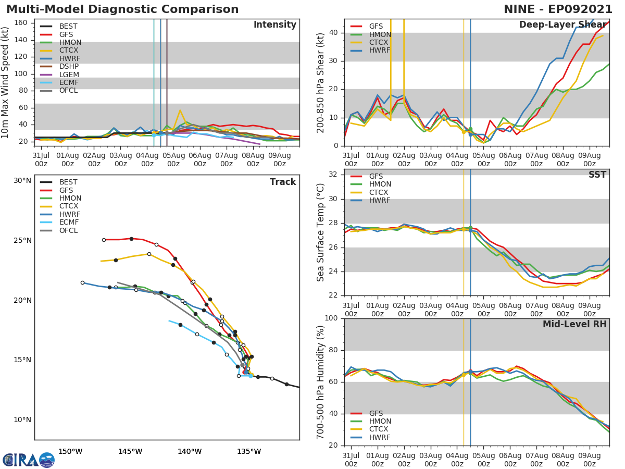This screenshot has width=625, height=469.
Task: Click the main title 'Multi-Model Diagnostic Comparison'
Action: (122, 9)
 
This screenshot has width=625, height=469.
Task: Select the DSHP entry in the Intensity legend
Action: (68, 66)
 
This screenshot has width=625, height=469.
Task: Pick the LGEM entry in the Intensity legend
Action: (68, 75)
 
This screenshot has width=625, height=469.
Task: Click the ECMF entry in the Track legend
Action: (68, 223)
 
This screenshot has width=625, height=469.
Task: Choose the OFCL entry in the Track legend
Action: (68, 230)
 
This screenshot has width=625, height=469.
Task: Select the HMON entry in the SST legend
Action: (380, 184)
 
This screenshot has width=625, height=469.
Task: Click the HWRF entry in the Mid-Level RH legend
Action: (379, 438)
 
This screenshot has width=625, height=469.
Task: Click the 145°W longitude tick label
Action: (130, 451)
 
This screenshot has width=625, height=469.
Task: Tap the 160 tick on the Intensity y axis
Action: (21, 23)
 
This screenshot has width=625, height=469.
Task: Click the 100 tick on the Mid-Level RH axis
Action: (331, 318)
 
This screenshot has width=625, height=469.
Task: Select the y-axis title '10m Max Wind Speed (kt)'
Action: (6, 82)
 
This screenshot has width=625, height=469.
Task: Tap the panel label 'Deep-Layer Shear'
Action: (562, 25)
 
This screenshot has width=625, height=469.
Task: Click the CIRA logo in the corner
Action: (29, 460)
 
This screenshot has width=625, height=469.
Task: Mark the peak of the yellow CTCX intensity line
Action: (180, 110)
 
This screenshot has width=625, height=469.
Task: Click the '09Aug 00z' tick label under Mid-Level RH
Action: (590, 456)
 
